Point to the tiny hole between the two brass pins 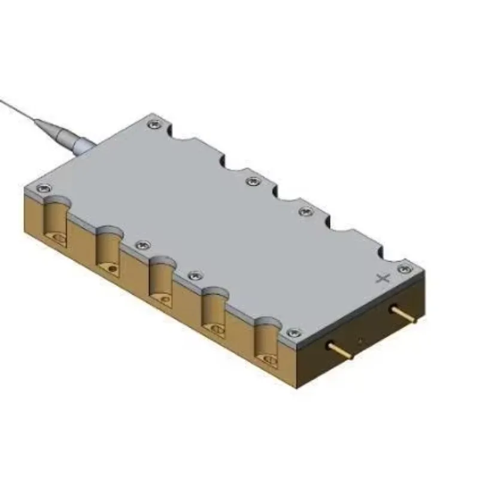tap(360, 341)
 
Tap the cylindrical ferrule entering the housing tap(81, 143)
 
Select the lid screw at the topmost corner tap(155, 123)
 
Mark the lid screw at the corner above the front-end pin tap(292, 333)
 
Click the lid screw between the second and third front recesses tap(141, 245)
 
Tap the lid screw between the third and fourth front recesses tap(194, 275)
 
